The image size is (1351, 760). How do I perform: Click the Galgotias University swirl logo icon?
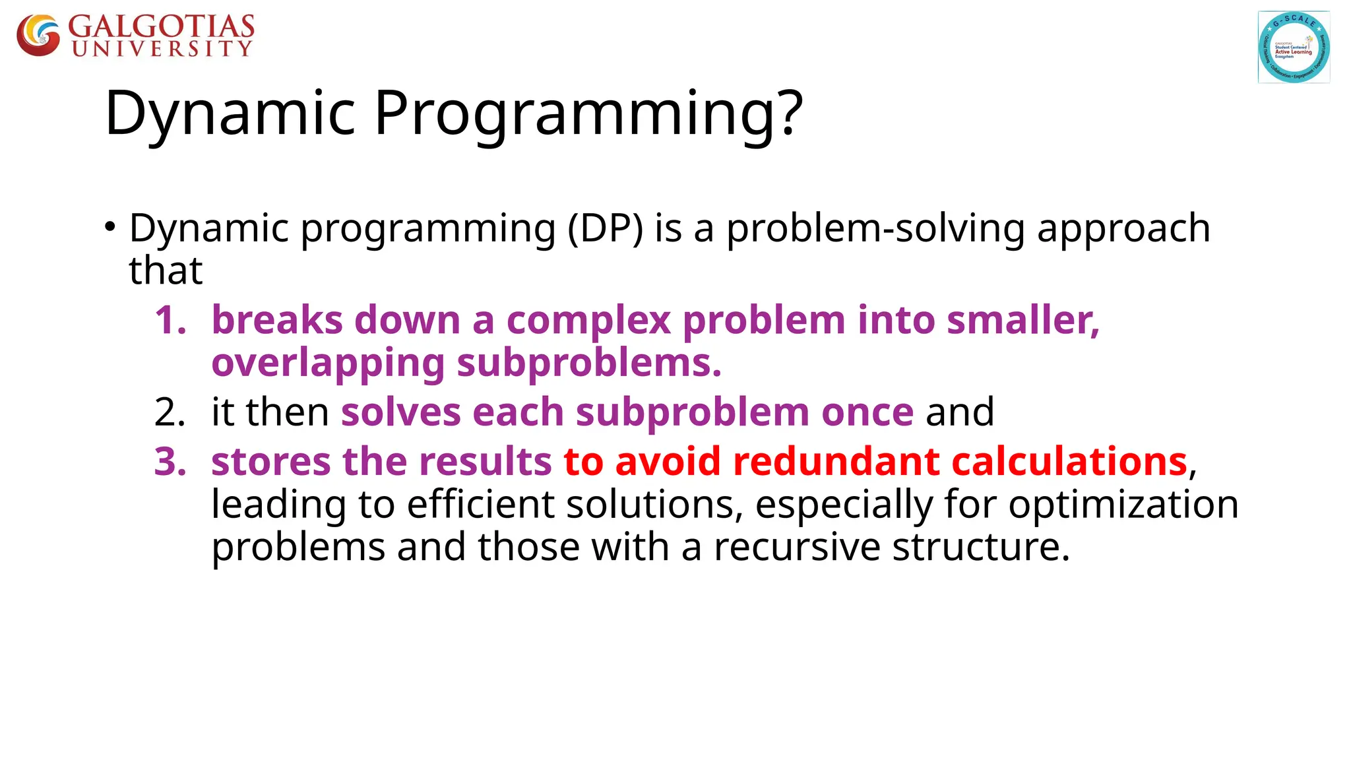(x=38, y=36)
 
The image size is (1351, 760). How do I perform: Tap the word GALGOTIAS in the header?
(x=162, y=26)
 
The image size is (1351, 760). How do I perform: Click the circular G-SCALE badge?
(x=1294, y=47)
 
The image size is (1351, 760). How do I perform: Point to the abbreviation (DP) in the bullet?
(x=605, y=229)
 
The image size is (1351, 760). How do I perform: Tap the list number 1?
(x=170, y=321)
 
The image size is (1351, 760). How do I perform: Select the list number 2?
(x=170, y=412)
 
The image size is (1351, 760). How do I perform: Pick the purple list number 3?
(x=170, y=461)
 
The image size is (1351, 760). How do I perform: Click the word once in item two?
(x=867, y=412)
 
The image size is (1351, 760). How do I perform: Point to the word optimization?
(x=1123, y=505)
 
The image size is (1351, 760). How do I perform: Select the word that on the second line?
(x=166, y=270)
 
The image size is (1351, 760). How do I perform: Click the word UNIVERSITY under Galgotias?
(x=162, y=49)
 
